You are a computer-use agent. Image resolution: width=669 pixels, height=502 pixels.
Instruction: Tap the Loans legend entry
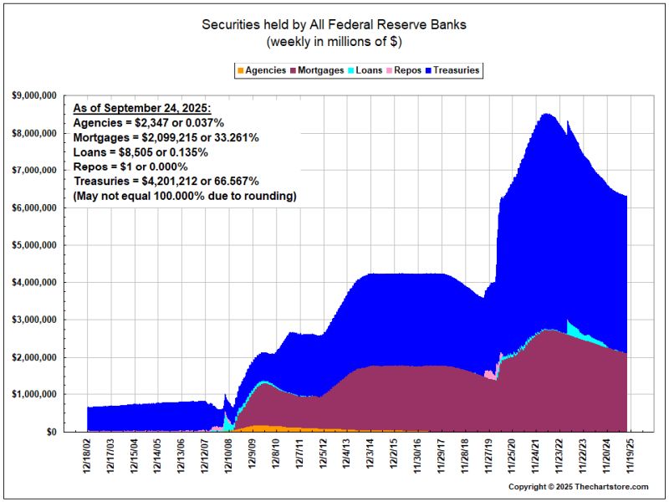coord(369,70)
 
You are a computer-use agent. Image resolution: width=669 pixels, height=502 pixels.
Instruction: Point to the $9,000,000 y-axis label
coord(35,96)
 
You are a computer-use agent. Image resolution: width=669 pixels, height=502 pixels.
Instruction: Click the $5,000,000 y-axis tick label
coord(35,245)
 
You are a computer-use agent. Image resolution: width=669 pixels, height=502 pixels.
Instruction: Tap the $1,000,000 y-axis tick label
coord(35,394)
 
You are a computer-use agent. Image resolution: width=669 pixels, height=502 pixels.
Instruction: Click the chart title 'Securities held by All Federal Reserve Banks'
coord(334,24)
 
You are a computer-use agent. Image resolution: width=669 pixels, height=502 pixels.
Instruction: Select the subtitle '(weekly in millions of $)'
coord(334,41)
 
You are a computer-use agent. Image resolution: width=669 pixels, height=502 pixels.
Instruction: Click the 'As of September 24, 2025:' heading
coord(142,109)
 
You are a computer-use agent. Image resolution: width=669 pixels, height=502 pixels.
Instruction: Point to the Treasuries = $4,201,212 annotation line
coord(166,181)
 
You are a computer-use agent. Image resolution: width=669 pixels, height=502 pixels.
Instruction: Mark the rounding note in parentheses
coord(185,196)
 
